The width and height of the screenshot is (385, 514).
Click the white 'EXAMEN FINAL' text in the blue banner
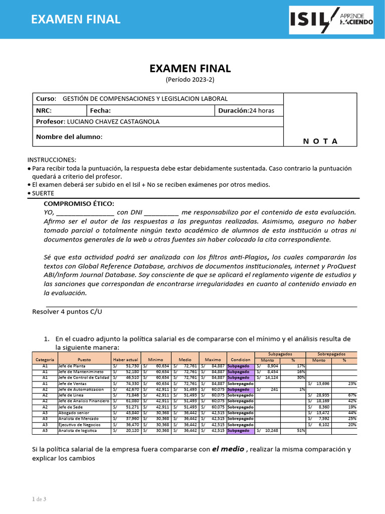76,19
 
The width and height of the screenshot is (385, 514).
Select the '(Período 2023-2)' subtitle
189,79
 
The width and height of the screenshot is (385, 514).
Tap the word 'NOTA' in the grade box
320,141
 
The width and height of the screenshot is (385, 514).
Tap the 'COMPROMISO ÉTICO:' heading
79,203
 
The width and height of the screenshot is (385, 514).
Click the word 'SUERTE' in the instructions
43,193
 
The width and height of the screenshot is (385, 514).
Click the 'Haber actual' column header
125,360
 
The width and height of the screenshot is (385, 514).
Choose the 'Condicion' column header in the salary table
241,360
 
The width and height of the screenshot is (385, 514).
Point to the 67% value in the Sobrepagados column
352,395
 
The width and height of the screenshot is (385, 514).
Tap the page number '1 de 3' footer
39,498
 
